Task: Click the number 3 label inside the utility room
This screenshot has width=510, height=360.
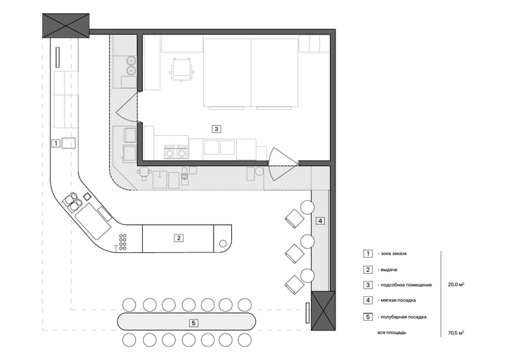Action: pyautogui.click(x=216, y=129)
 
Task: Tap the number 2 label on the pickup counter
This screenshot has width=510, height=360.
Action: pyautogui.click(x=179, y=238)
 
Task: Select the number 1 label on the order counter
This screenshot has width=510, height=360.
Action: pyautogui.click(x=56, y=143)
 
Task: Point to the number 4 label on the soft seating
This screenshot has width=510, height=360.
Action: pyautogui.click(x=320, y=221)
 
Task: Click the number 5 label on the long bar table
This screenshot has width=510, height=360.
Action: pyautogui.click(x=193, y=323)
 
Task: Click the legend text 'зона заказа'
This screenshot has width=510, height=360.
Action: pyautogui.click(x=394, y=254)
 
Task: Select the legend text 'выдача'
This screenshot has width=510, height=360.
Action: pyautogui.click(x=389, y=270)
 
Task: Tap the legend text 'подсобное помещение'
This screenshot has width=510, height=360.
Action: pyautogui.click(x=406, y=285)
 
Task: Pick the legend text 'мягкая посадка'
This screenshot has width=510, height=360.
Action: pyautogui.click(x=398, y=300)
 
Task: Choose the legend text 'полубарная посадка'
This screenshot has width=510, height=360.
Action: pyautogui.click(x=404, y=317)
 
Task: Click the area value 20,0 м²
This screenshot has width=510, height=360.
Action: pyautogui.click(x=456, y=284)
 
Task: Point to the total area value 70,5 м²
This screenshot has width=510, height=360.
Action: pyautogui.click(x=456, y=333)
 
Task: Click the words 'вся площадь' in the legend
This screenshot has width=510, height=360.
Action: pyautogui.click(x=392, y=333)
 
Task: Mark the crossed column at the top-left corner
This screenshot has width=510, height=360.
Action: pyautogui.click(x=66, y=26)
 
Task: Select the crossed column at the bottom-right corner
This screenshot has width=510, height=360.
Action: pyautogui.click(x=324, y=310)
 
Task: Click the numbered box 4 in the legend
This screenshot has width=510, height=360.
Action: pyautogui.click(x=368, y=300)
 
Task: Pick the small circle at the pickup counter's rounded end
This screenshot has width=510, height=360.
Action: pyautogui.click(x=223, y=243)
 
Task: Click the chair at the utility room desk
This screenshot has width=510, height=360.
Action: pyautogui.click(x=182, y=69)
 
